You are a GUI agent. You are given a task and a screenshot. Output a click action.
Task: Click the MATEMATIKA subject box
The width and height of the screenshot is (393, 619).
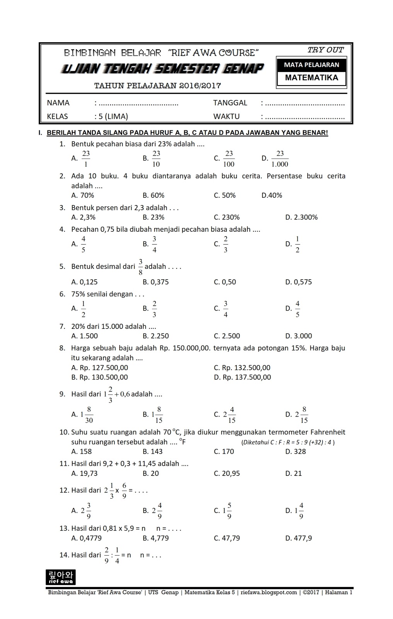311,77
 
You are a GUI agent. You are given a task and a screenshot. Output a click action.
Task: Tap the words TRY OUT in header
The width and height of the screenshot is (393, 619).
325,50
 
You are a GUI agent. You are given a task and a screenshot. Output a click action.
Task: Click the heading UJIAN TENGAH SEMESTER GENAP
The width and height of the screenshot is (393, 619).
162,69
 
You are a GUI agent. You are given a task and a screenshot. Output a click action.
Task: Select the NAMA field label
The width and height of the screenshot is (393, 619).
58,103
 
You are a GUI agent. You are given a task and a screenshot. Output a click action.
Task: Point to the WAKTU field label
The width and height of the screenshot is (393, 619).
226,116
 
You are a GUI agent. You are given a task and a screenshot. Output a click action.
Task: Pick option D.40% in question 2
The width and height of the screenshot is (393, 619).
272,195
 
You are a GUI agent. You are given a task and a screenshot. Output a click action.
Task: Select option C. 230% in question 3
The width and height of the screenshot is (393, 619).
226,217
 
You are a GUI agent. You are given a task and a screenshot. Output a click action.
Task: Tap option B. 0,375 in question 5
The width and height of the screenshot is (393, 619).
155,282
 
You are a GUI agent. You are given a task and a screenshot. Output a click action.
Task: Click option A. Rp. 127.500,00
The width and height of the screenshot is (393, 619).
100,368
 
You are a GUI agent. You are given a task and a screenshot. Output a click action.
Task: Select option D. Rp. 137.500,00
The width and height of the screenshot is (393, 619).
242,377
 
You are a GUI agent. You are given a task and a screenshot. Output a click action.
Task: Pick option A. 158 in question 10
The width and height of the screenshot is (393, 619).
82,451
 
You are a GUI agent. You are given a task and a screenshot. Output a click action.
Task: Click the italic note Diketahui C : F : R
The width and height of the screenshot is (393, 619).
288,442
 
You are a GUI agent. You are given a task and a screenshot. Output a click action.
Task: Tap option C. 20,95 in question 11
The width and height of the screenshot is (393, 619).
226,473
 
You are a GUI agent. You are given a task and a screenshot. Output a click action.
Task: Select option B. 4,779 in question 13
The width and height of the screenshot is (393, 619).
155,538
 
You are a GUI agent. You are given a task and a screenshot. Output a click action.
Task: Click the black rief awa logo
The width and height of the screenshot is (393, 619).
61,577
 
